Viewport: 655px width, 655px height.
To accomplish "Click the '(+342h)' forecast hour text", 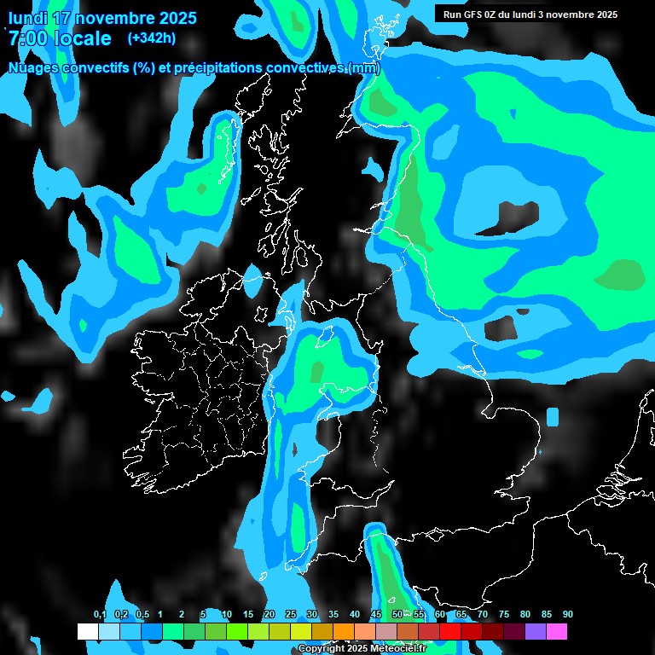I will point(151,38).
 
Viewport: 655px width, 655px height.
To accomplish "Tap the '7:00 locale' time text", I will point(60,38).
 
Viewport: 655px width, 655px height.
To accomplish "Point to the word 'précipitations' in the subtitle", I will point(218,67).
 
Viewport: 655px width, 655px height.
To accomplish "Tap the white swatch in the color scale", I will point(88,632).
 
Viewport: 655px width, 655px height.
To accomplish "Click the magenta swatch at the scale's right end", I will point(557,632).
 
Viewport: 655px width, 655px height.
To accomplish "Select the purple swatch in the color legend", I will point(536,632).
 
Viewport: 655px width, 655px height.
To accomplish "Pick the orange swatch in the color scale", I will point(344,632).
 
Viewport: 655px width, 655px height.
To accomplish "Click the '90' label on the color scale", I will point(568,615).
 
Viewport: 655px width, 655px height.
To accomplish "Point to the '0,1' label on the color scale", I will point(99,615).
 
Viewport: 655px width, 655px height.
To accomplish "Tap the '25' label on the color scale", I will point(291,615).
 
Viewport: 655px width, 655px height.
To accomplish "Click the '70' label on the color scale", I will point(483,615).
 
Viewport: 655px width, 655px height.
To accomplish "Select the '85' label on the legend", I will point(547,615).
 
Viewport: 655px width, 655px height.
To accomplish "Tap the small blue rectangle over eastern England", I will point(553,417).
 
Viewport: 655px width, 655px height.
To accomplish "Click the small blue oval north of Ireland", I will point(252,281).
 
